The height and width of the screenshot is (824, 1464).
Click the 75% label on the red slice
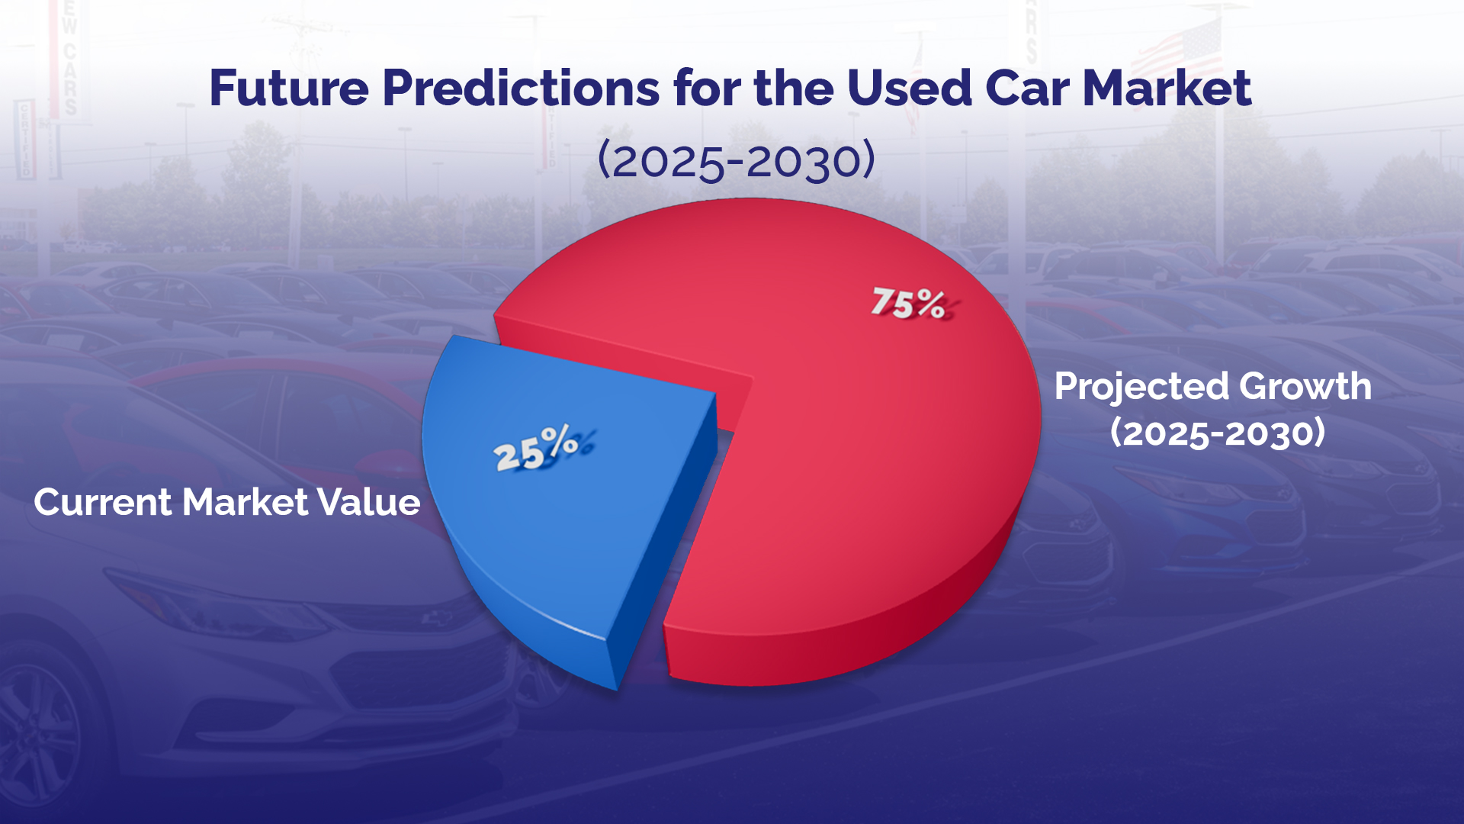coord(909,304)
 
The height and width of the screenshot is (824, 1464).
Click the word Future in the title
coord(289,89)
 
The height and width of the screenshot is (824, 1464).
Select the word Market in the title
coord(1167,89)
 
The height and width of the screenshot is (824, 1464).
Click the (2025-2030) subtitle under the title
coord(736,161)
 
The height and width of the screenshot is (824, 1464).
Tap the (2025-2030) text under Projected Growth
coord(1217,433)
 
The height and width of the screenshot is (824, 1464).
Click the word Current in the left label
coord(103,503)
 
